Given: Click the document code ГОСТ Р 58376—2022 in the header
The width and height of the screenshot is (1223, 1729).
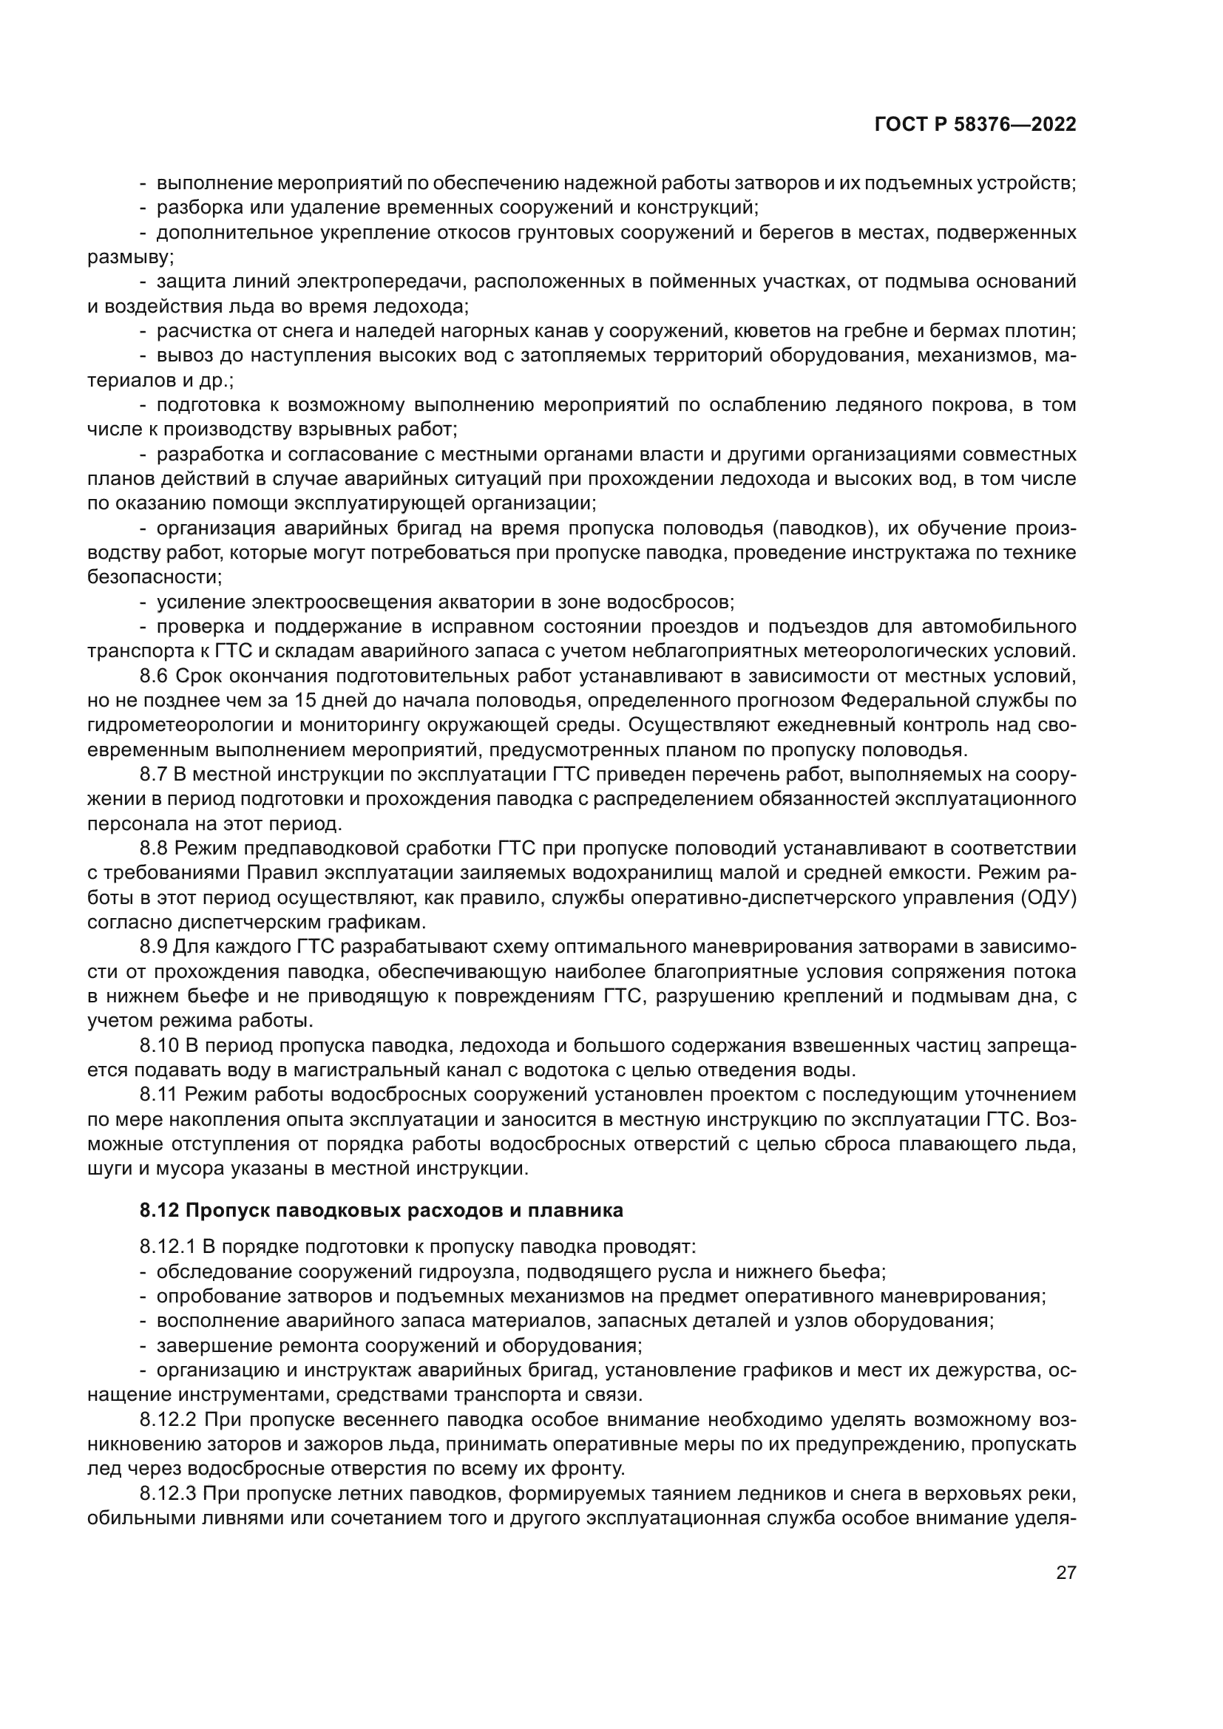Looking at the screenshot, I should [x=975, y=125].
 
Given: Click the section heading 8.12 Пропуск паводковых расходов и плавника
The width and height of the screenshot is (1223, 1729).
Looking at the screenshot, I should [x=381, y=1210].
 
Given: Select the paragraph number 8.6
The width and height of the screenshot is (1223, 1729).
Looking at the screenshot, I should [x=154, y=676].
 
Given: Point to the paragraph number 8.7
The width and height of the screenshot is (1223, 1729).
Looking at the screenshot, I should [x=154, y=774].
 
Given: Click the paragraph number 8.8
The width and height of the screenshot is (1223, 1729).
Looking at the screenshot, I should [x=154, y=848].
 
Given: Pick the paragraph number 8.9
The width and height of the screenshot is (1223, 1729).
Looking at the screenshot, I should [x=154, y=947].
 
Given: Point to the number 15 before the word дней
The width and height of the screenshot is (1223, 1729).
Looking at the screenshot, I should [x=305, y=700].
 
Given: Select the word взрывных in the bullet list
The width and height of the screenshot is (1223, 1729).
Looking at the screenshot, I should [x=354, y=430].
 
